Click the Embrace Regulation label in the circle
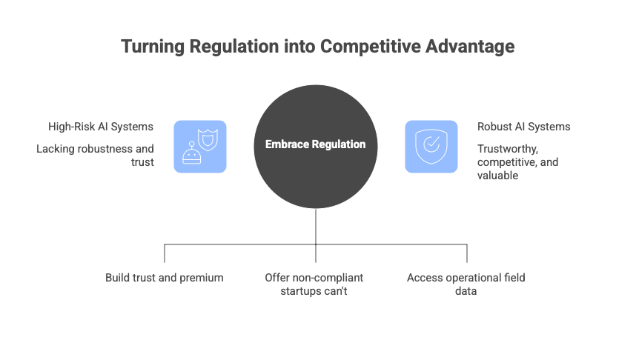point(316,144)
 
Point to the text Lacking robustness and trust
point(96,155)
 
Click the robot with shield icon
point(200,146)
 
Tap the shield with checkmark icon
point(431,146)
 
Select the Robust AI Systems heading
point(523,127)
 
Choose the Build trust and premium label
point(164,278)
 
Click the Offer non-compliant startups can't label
point(314,284)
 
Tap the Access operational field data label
point(466,284)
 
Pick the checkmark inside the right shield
point(431,144)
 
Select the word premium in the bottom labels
point(202,278)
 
